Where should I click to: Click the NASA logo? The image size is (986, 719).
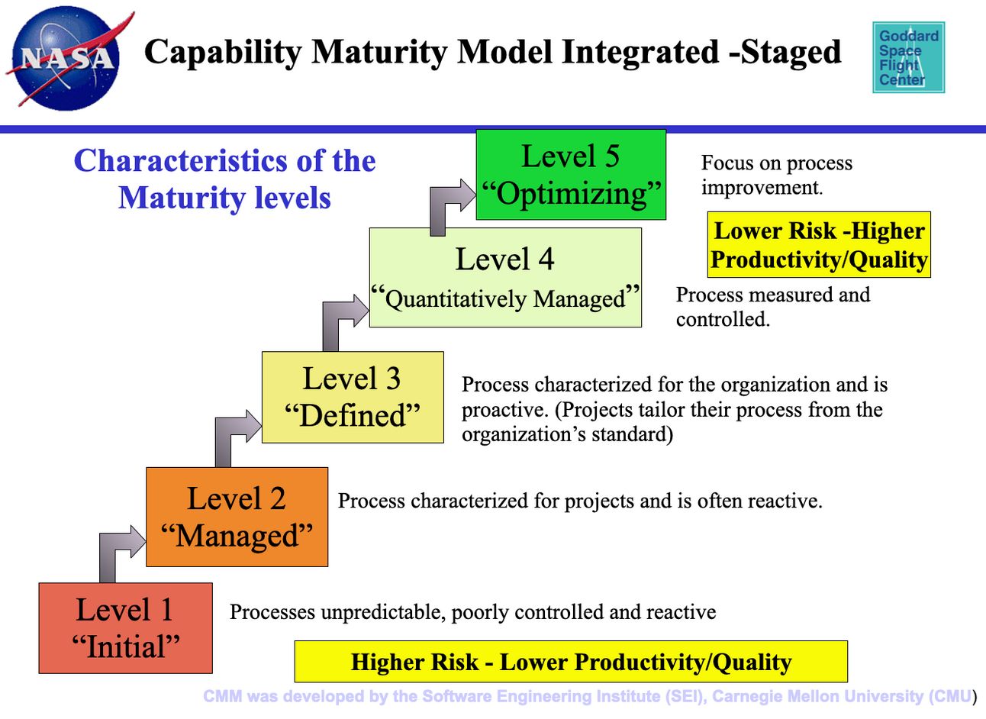pyautogui.click(x=67, y=59)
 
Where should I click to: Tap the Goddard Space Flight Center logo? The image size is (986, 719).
pyautogui.click(x=908, y=57)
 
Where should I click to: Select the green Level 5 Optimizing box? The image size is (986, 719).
pyautogui.click(x=571, y=174)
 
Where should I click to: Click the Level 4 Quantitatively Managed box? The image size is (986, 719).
pyautogui.click(x=505, y=277)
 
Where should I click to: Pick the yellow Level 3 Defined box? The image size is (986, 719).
pyautogui.click(x=353, y=397)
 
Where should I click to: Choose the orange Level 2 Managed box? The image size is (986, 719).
pyautogui.click(x=237, y=517)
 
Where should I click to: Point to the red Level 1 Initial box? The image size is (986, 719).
pyautogui.click(x=125, y=628)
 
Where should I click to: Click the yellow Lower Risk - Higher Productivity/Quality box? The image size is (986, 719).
pyautogui.click(x=819, y=245)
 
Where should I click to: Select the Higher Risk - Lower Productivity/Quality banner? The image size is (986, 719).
pyautogui.click(x=571, y=661)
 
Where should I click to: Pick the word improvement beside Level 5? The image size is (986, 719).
pyautogui.click(x=762, y=188)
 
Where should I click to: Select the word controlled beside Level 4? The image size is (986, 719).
pyautogui.click(x=723, y=319)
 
